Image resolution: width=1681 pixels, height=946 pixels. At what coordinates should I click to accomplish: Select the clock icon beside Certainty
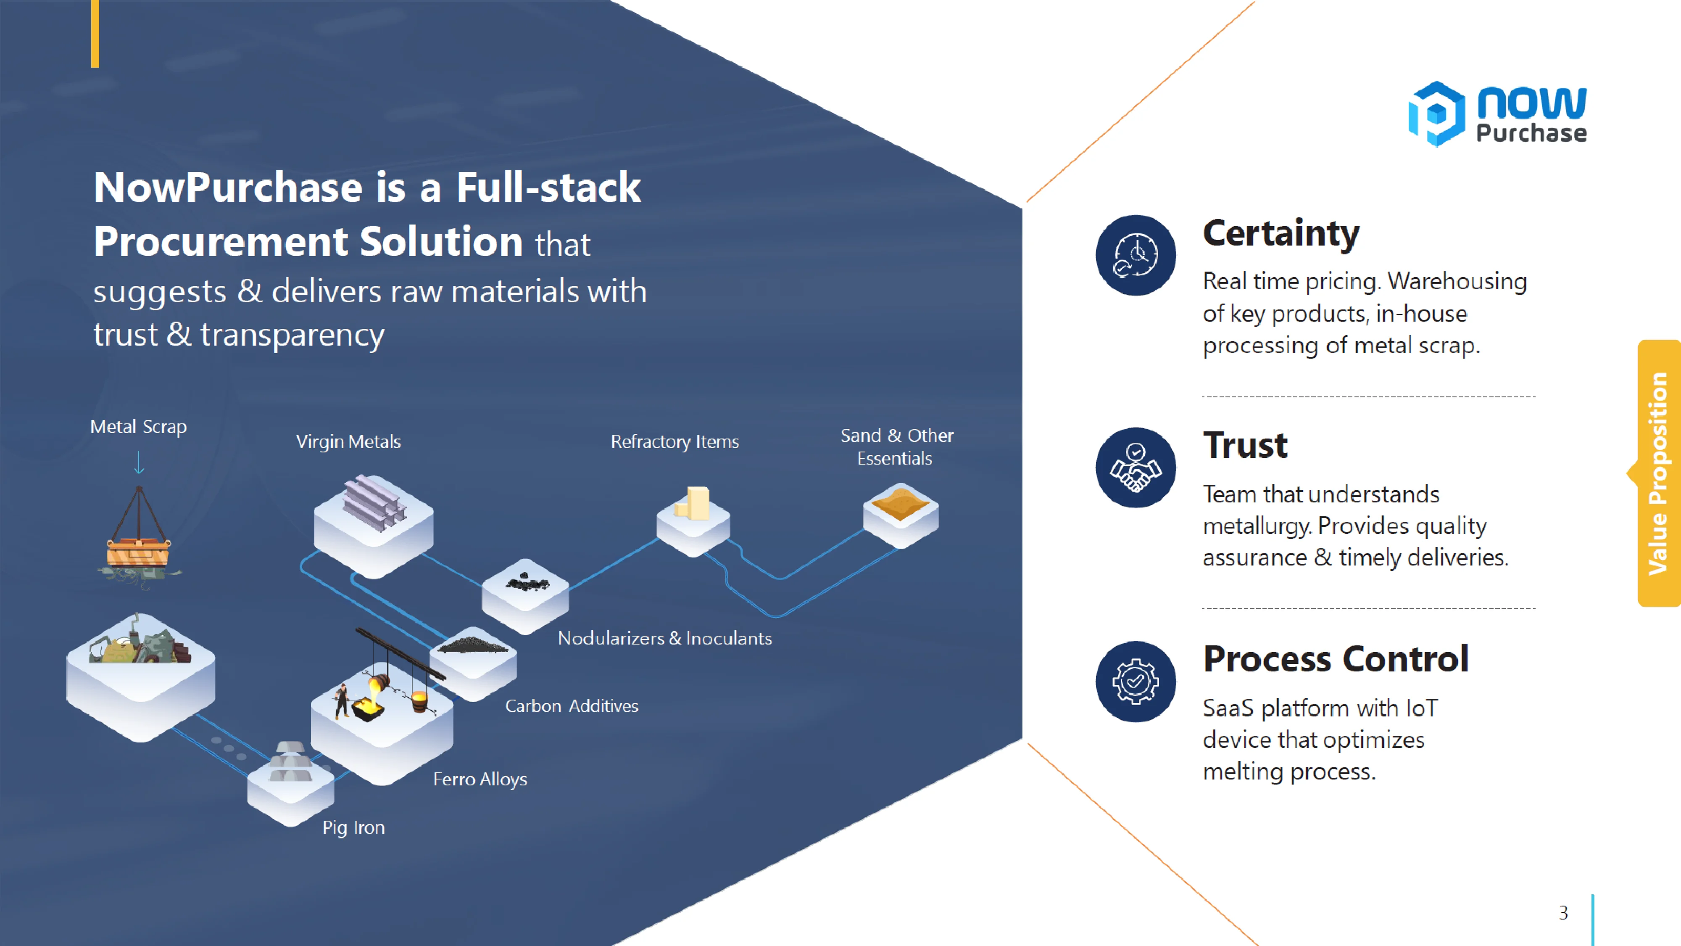point(1136,255)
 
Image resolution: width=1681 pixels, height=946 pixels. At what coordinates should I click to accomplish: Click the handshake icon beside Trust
point(1136,468)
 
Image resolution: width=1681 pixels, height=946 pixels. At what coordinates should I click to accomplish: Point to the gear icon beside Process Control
point(1136,681)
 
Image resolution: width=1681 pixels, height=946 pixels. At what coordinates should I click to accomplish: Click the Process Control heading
point(1335,659)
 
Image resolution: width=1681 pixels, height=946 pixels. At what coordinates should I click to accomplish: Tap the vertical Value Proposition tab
point(1658,473)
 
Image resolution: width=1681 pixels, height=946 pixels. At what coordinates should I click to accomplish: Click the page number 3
point(1563,912)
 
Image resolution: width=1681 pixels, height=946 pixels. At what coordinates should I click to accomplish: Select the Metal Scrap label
point(138,427)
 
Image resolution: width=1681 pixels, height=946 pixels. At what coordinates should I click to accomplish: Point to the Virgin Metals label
point(348,442)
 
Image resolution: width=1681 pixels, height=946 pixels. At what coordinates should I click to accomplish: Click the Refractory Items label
point(675,442)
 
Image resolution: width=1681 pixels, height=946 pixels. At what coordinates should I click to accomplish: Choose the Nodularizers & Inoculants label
point(664,639)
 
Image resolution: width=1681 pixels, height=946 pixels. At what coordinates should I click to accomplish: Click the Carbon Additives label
point(572,706)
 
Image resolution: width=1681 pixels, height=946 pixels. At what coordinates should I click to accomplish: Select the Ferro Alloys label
point(480,779)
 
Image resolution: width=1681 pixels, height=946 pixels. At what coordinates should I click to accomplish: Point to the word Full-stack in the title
point(548,188)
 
